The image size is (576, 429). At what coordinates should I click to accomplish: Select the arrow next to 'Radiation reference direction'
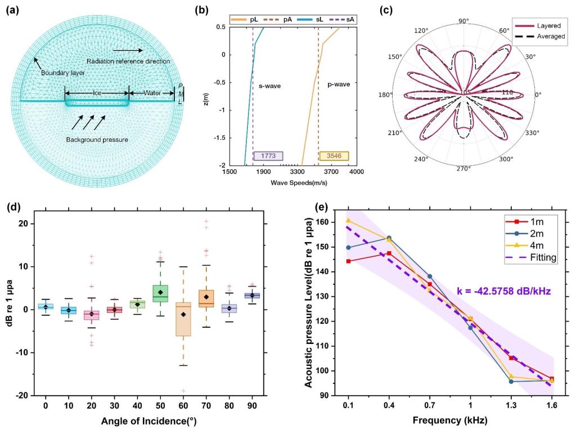[x=127, y=51]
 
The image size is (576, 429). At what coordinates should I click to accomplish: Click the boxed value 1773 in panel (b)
[x=268, y=156]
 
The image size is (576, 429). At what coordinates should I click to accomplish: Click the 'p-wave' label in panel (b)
[x=339, y=84]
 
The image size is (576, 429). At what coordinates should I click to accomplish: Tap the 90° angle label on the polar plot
[x=463, y=21]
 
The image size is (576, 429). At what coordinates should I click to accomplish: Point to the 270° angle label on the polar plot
[x=463, y=169]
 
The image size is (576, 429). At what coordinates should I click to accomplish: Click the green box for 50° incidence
[x=160, y=293]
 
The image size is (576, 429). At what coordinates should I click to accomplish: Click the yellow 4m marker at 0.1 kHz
[x=349, y=221]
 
